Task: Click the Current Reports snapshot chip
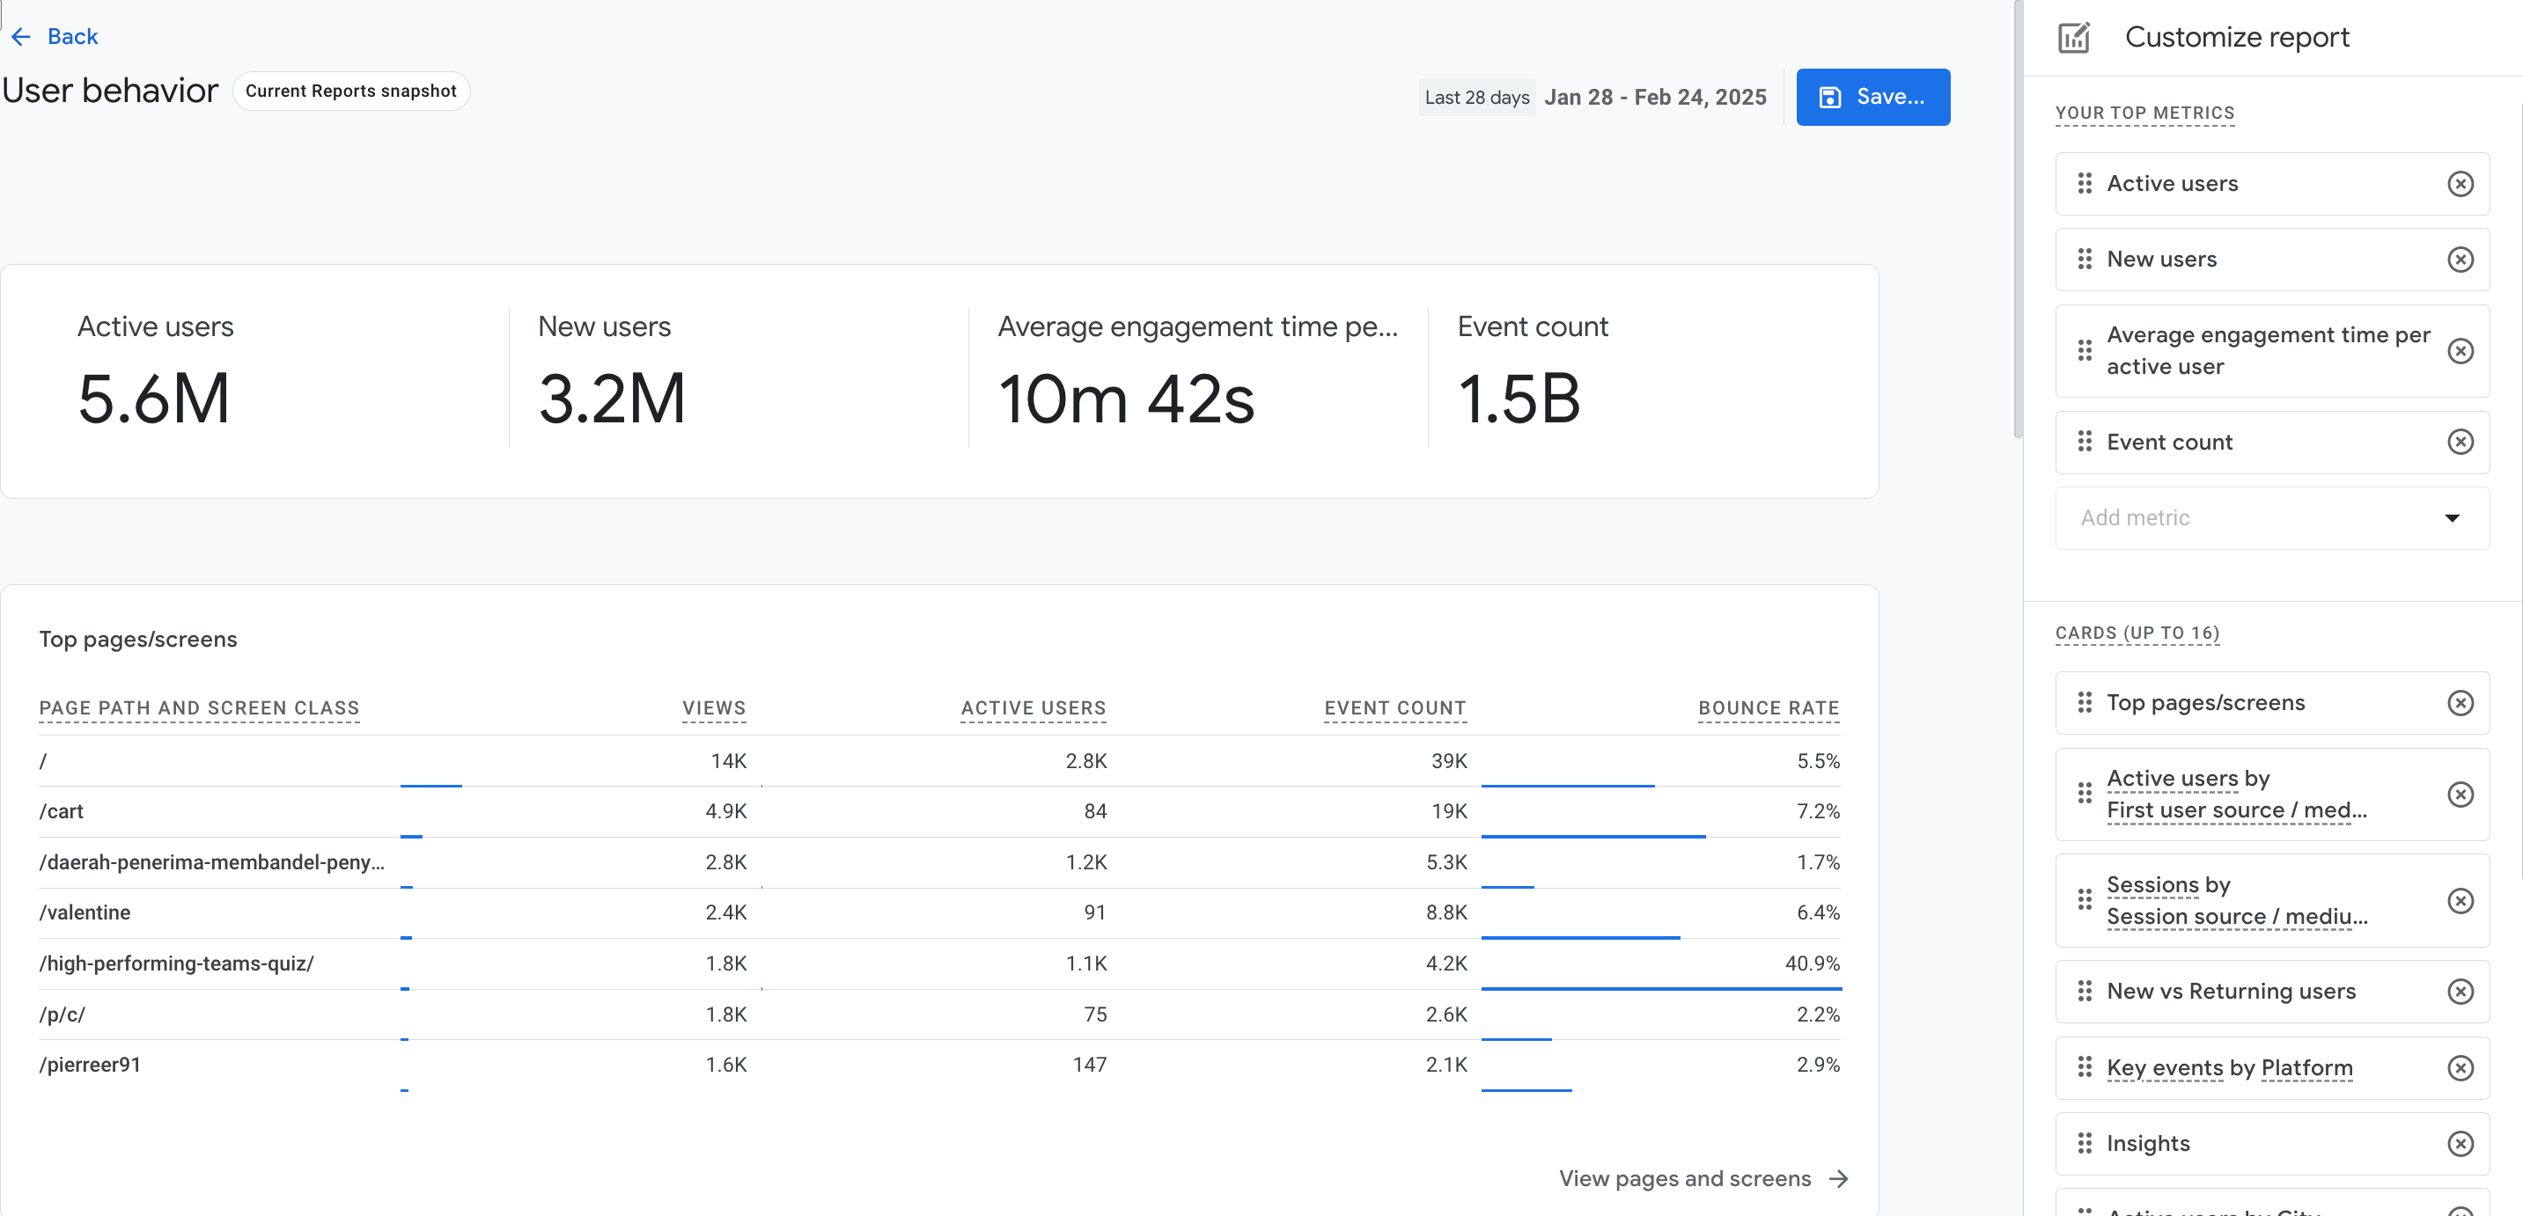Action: coord(350,91)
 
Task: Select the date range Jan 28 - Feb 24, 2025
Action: coord(1654,97)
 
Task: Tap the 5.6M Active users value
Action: coord(154,399)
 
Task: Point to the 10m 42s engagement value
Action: coord(1125,399)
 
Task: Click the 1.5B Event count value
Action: coord(1518,399)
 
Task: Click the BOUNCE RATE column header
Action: coord(1768,707)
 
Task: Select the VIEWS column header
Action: coord(713,707)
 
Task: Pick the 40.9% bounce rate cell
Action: coord(1811,963)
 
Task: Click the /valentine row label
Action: coord(85,912)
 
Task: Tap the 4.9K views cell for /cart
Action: coord(725,811)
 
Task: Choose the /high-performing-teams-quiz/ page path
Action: coord(176,963)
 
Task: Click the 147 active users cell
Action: coord(1089,1065)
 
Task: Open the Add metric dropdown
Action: coord(2271,518)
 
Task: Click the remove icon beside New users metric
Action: coord(2460,260)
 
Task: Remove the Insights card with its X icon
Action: coord(2460,1144)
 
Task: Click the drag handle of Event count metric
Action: coord(2085,443)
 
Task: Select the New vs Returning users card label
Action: coord(2230,992)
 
